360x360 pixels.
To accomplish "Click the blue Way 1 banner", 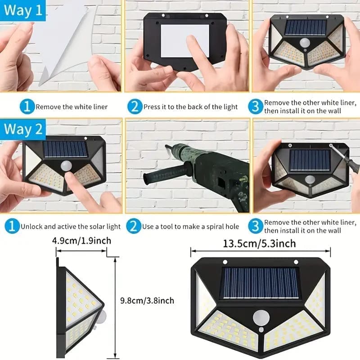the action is click(23, 10).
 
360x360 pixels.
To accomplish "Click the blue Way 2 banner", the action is click(23, 129).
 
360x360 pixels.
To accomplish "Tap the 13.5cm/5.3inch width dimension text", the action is click(260, 243).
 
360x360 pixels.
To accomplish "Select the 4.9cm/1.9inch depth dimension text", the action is click(82, 241).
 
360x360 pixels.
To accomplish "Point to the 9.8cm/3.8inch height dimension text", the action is click(147, 301).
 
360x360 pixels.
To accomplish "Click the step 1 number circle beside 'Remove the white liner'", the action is click(27, 107).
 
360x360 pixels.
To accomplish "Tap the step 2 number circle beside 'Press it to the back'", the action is click(135, 107).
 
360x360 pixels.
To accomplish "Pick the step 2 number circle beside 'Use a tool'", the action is click(133, 226).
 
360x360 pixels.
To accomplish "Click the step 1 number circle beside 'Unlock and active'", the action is click(12, 226).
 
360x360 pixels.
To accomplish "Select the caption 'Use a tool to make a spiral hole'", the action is click(190, 227).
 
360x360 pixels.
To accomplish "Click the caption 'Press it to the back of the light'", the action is click(190, 107).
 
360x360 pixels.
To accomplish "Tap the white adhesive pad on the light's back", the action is click(185, 41).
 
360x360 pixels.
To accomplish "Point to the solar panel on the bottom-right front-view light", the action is click(260, 283).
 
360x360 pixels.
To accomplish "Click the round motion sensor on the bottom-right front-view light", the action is click(261, 318).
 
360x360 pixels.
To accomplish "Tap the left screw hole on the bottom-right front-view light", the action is click(225, 262).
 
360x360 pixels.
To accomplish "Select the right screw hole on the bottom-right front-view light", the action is click(296, 262).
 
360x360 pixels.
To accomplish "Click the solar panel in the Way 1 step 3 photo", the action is click(306, 27).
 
